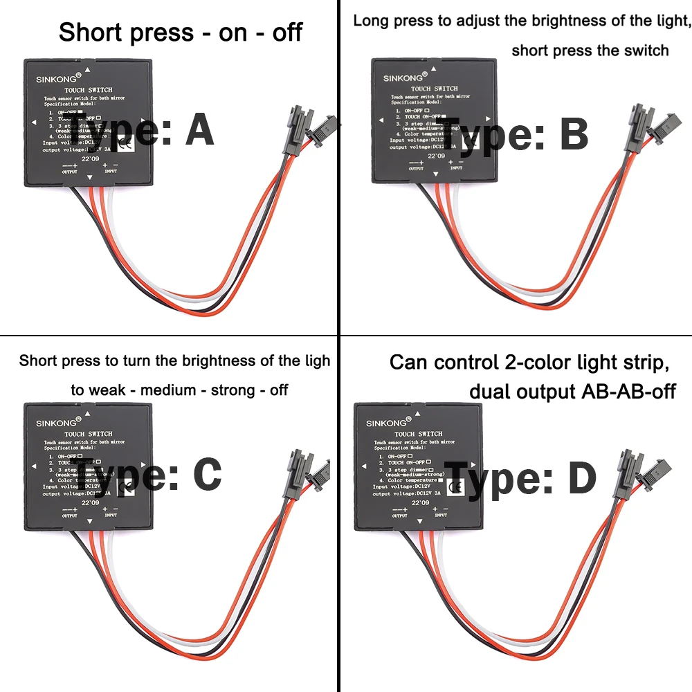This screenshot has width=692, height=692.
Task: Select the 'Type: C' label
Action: [x=148, y=475]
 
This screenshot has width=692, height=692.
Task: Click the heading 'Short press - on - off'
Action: [x=181, y=33]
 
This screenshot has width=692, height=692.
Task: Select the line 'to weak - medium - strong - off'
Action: [x=179, y=390]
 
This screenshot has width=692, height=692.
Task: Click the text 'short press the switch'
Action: [x=590, y=51]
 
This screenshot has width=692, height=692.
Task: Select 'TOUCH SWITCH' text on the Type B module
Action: [x=434, y=89]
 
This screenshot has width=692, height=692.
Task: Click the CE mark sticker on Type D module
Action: [x=455, y=489]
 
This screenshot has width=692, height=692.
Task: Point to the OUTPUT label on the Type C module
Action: [x=70, y=516]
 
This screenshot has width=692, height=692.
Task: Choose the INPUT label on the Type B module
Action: [x=455, y=168]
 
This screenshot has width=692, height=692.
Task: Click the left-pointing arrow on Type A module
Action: [x=33, y=123]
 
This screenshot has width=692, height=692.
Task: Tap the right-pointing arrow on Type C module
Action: [x=143, y=467]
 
